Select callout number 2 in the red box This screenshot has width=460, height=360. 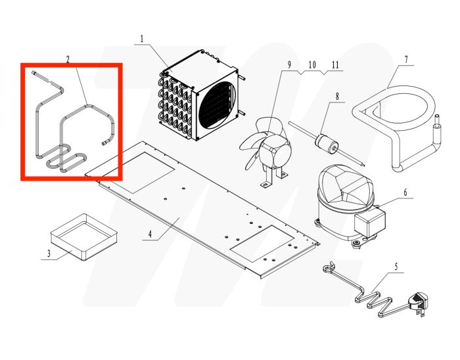pos(68,59)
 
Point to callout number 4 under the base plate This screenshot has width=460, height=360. pos(150,234)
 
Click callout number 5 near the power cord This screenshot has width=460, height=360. pos(396,267)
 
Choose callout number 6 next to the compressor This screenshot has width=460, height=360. pos(405,193)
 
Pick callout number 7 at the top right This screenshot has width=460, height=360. pos(405,60)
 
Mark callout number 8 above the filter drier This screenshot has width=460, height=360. pos(337,97)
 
